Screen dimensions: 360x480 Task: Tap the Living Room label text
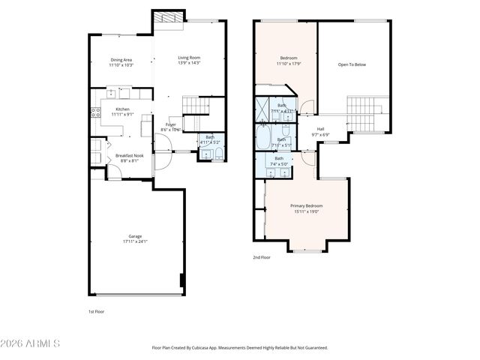click(189, 58)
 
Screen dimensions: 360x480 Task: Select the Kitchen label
click(122, 109)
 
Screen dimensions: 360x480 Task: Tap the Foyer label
click(171, 124)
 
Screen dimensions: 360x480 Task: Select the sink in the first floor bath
click(205, 155)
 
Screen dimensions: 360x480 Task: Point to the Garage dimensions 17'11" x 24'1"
click(135, 241)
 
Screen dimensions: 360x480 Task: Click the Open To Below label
click(352, 64)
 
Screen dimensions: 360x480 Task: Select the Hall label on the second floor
click(320, 129)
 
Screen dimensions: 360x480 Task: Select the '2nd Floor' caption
click(262, 257)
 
